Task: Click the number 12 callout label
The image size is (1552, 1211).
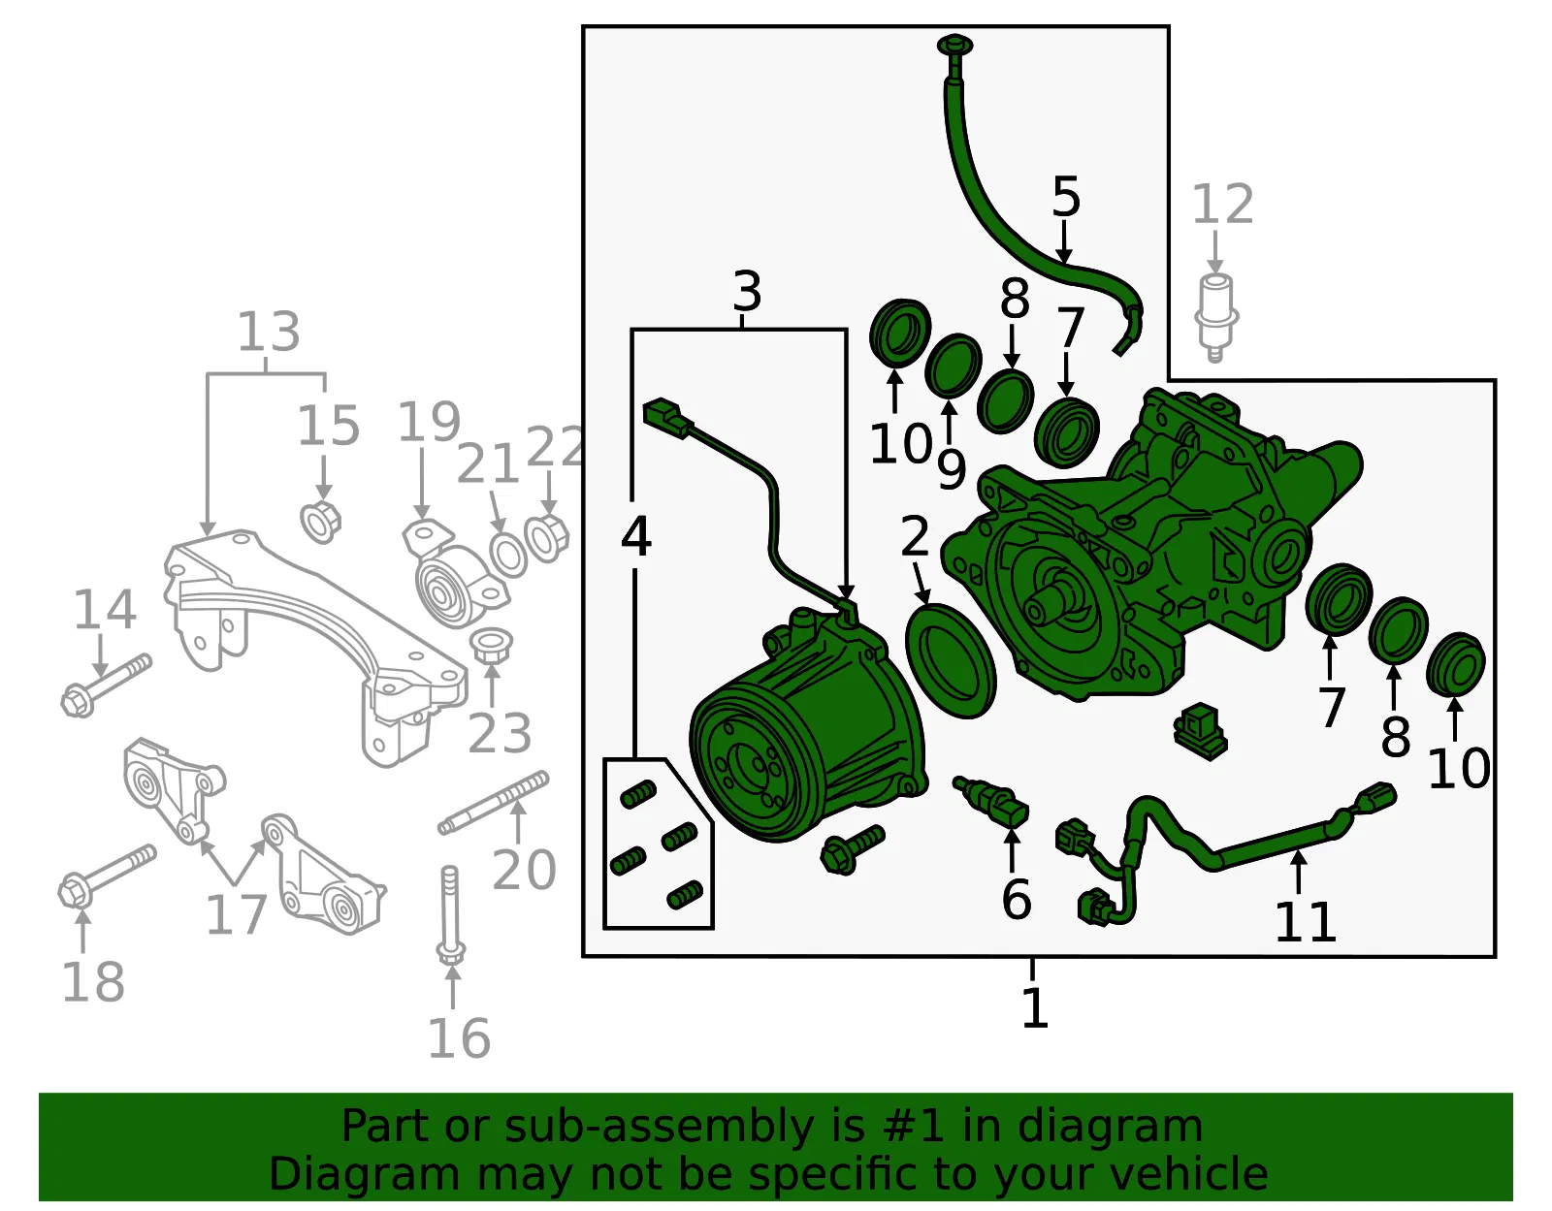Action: tap(1222, 204)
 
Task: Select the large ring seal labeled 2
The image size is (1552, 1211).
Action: tap(950, 660)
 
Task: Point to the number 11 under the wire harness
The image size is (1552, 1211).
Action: tap(1306, 922)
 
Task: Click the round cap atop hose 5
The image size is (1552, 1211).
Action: tap(954, 45)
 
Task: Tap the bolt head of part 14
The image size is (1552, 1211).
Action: tap(77, 700)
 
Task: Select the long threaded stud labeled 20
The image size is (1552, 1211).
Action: tap(494, 802)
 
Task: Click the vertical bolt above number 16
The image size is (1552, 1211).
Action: tap(450, 915)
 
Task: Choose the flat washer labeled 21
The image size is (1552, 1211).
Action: tap(508, 555)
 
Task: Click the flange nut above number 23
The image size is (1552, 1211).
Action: tap(492, 645)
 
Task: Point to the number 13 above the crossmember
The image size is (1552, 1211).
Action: tap(268, 332)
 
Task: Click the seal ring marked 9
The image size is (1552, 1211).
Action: tap(953, 366)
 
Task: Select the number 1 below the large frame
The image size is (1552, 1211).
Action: tap(1035, 1007)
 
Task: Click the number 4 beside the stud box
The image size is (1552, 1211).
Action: tap(635, 536)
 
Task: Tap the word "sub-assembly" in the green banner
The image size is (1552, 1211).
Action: tap(658, 1127)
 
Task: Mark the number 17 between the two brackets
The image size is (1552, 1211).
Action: tap(236, 914)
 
